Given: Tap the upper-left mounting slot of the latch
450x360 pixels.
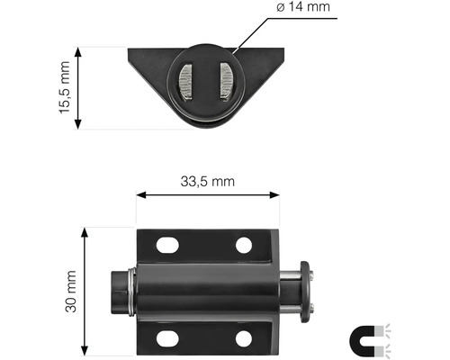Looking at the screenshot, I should coord(166,244).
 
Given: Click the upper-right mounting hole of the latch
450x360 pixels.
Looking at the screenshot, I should coord(244,244).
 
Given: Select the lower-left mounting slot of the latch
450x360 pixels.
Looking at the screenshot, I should coord(166,338).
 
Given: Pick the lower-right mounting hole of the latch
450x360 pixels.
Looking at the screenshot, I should coord(244,338).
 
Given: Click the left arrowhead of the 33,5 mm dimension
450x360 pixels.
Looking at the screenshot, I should coord(140,194).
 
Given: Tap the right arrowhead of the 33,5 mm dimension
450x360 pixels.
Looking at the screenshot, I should coord(274,194).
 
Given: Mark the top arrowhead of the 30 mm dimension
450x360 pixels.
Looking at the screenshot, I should coord(85,232).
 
